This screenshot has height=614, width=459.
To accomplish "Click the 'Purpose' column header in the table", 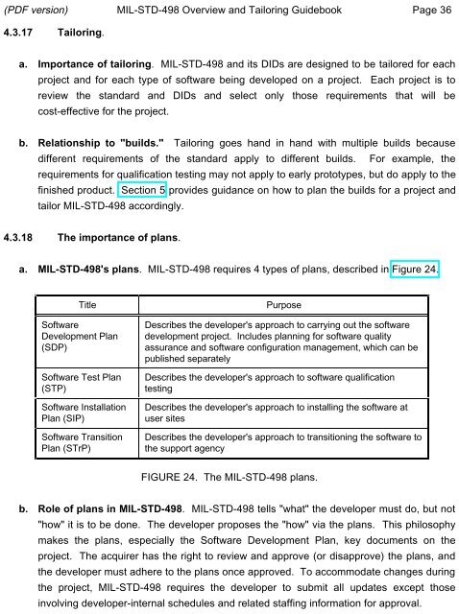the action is pyautogui.click(x=284, y=305).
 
